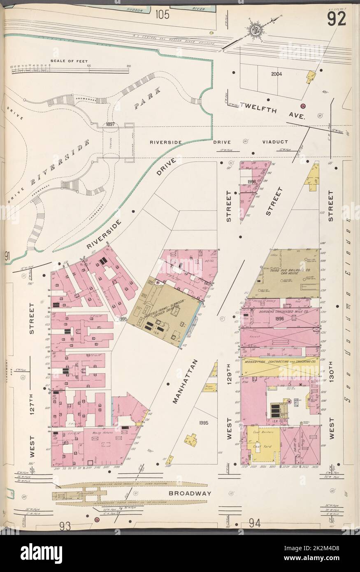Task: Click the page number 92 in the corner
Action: (x=336, y=19)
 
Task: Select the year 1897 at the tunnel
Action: (x=110, y=124)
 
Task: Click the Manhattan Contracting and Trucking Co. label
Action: (x=280, y=362)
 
